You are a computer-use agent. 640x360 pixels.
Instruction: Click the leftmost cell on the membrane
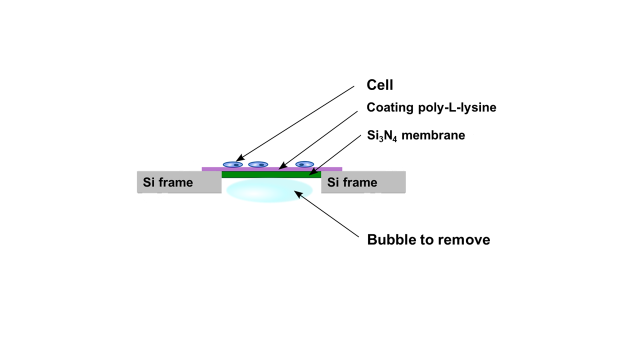pyautogui.click(x=232, y=164)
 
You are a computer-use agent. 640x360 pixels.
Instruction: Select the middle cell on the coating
pyautogui.click(x=258, y=164)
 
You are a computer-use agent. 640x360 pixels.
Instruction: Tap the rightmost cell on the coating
pyautogui.click(x=304, y=164)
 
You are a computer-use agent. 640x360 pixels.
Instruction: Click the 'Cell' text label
pyautogui.click(x=380, y=85)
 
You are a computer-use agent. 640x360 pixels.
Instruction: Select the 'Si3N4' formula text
pyautogui.click(x=382, y=135)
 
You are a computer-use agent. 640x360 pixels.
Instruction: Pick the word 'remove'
pyautogui.click(x=465, y=240)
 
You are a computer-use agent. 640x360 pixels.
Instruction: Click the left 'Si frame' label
pyautogui.click(x=168, y=182)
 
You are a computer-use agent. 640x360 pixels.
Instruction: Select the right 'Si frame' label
pyautogui.click(x=352, y=182)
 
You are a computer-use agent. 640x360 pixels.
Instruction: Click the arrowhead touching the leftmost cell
pyautogui.click(x=238, y=159)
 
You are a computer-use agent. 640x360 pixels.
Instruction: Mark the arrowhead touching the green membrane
pyautogui.click(x=311, y=173)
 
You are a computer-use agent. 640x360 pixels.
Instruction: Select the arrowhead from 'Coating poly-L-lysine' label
pyautogui.click(x=281, y=167)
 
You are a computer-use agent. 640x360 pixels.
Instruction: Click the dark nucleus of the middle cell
pyautogui.click(x=260, y=164)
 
